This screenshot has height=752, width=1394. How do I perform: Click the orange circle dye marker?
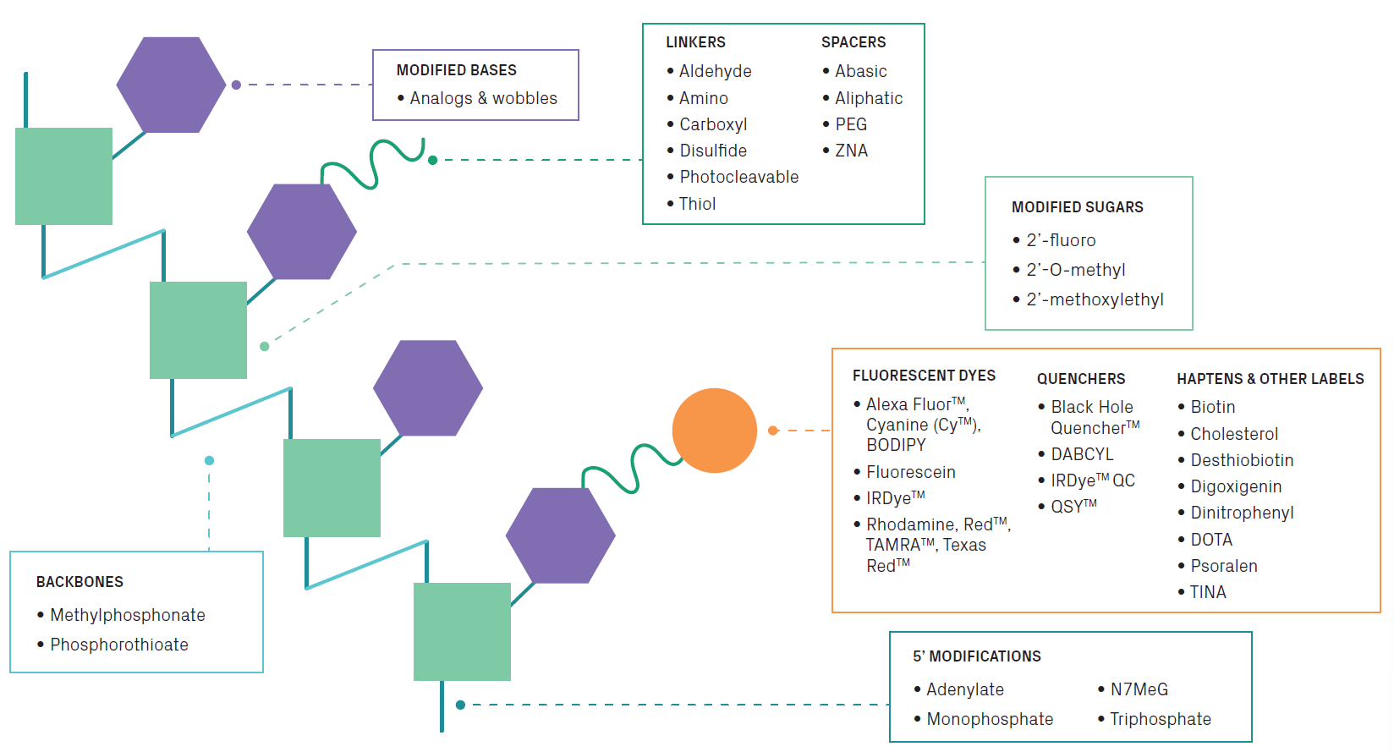(714, 431)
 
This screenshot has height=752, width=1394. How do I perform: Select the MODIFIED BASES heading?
(456, 70)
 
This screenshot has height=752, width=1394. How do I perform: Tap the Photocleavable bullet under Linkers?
(738, 177)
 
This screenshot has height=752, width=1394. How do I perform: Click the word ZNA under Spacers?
(851, 151)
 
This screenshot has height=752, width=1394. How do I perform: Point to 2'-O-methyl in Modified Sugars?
(1075, 270)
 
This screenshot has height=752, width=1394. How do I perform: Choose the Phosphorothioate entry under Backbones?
(118, 645)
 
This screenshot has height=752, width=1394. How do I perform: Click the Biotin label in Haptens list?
(1212, 407)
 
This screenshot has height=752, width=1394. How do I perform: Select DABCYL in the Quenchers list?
(1082, 454)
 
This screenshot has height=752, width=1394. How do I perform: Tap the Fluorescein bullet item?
(910, 472)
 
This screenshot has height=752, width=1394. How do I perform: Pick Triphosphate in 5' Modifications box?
(1160, 719)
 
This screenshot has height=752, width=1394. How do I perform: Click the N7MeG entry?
(1139, 689)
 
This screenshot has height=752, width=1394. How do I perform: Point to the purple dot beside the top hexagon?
(236, 85)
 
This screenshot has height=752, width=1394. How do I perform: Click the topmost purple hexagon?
(171, 85)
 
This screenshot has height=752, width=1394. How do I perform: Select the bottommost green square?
(462, 632)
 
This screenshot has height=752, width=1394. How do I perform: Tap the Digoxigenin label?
(1236, 486)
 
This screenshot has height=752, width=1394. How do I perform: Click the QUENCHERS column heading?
(1081, 379)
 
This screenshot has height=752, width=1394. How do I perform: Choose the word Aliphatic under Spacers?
(869, 98)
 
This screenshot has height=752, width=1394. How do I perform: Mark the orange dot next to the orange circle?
(772, 431)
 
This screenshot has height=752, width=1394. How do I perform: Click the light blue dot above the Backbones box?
(209, 460)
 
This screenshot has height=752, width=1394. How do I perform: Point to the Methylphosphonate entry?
(127, 615)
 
